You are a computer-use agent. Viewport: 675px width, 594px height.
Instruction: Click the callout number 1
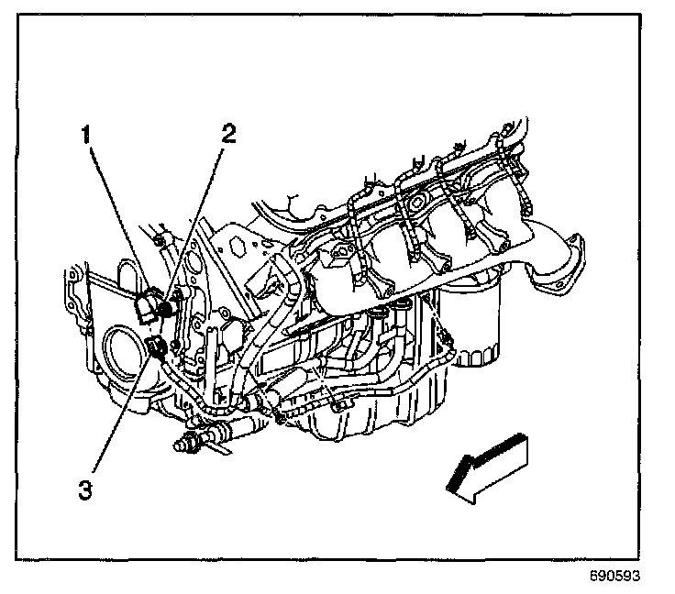click(85, 136)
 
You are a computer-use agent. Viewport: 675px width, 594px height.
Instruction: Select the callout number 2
click(227, 134)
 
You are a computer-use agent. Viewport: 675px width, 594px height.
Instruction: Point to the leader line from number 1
click(115, 215)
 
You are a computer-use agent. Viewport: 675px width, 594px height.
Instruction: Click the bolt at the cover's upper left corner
click(160, 240)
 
